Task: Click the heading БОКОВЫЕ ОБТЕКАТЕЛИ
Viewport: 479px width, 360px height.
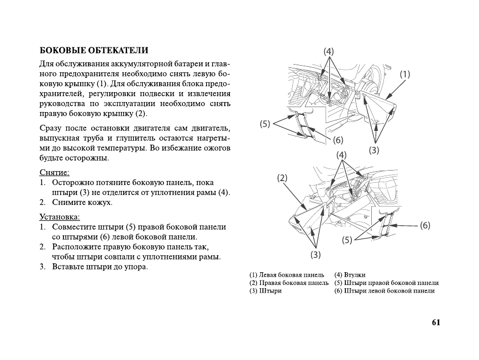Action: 94,50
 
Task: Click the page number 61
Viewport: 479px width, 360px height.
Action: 436,322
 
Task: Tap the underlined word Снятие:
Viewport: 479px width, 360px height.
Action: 54,172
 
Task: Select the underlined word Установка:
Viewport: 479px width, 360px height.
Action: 60,216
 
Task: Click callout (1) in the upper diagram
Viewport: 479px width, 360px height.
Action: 405,74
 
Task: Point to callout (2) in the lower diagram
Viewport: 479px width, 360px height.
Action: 282,178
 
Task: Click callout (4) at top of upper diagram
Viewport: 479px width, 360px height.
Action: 329,51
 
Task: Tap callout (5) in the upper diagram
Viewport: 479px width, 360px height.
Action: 265,124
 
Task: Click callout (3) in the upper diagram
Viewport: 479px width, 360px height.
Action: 375,149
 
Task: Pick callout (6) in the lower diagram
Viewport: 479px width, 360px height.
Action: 425,225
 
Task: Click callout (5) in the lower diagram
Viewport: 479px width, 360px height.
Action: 347,240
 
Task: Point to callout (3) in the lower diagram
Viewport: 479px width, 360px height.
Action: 315,255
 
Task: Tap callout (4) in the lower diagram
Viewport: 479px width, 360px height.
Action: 342,156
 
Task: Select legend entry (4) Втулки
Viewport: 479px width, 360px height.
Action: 350,274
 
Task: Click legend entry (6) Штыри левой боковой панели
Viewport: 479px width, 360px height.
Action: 385,291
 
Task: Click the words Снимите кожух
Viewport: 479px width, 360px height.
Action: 82,203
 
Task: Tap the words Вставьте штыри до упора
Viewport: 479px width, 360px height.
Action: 100,267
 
